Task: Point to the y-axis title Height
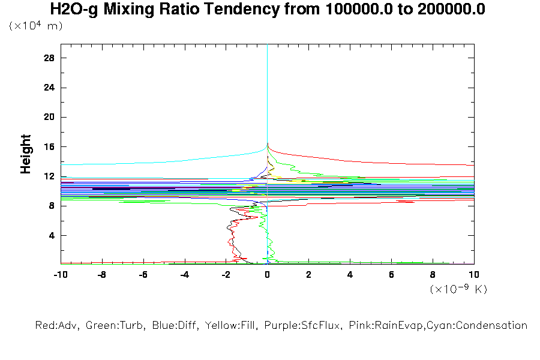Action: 26,154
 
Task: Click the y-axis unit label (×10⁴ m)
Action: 35,26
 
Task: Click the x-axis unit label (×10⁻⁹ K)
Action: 458,289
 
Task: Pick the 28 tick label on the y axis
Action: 49,58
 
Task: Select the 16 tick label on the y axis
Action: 49,147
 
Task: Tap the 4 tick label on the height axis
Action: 52,235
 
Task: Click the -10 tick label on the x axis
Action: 60,275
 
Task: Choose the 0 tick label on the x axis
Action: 267,275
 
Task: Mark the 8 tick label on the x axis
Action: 433,275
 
